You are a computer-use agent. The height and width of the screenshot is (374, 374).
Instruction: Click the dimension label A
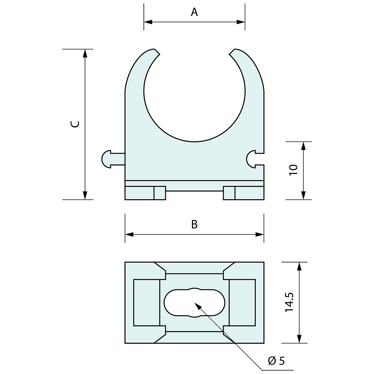pyautogui.click(x=194, y=12)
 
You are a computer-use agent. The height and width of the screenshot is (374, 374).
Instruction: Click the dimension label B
pyautogui.click(x=194, y=224)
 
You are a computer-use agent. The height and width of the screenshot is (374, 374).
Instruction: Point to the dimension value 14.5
pyautogui.click(x=289, y=302)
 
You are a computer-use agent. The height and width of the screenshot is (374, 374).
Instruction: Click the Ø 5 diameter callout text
pyautogui.click(x=276, y=361)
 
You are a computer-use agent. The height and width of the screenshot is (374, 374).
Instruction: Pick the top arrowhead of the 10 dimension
pyautogui.click(x=303, y=146)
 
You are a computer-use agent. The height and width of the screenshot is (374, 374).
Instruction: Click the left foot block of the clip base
pyautogui.click(x=145, y=193)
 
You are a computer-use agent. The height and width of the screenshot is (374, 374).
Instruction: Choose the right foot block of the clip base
pyautogui.click(x=243, y=193)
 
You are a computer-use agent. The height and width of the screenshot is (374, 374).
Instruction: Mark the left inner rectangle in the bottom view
pyautogui.click(x=147, y=303)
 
